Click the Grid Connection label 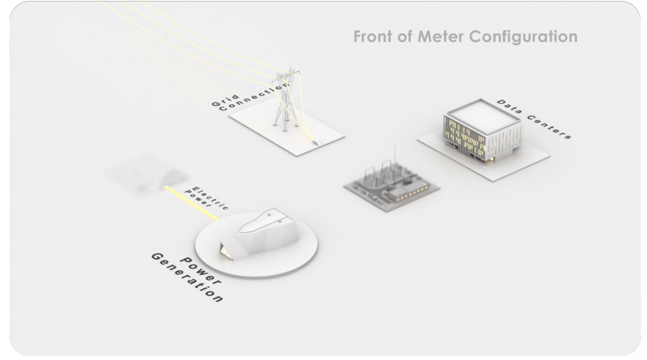(250, 97)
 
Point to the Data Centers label (535, 119)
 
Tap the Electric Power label (206, 198)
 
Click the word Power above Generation (201, 270)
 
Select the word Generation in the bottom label (188, 277)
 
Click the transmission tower (286, 100)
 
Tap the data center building (482, 130)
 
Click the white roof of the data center (483, 116)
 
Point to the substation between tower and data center (391, 184)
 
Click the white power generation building (259, 234)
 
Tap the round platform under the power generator (256, 244)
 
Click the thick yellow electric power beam (192, 204)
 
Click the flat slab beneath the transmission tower (287, 127)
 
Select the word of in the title (405, 36)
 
